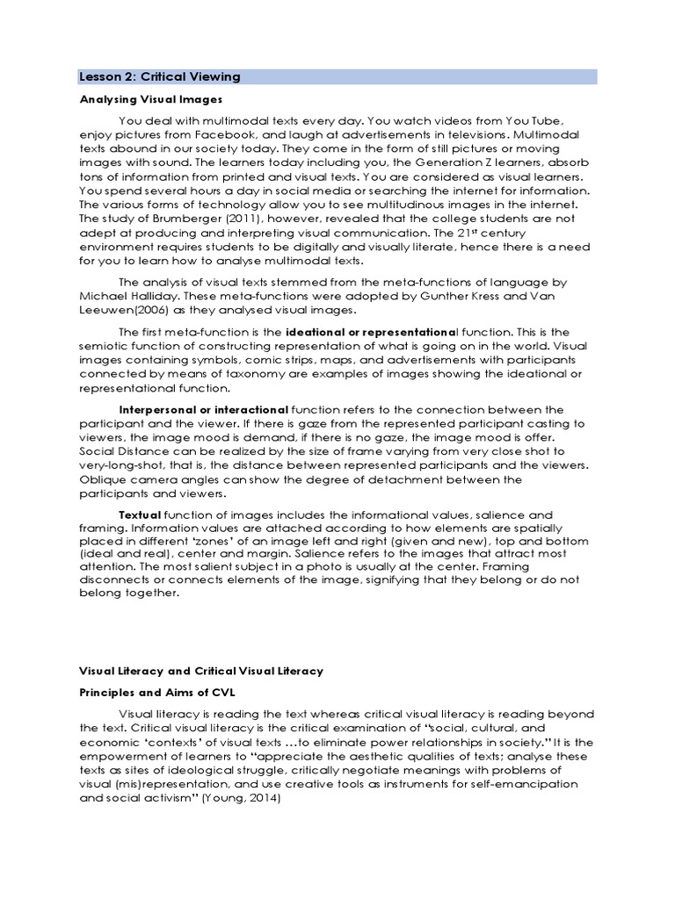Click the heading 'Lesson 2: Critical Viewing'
pos(159,77)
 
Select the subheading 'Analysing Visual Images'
pos(150,99)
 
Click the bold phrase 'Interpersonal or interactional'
pos(203,410)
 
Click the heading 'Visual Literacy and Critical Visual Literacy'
pos(201,671)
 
